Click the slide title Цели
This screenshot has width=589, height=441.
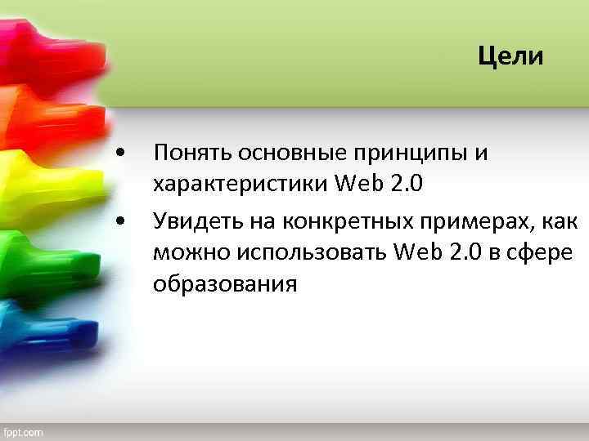[x=510, y=56]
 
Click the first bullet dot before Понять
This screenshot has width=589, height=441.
[x=121, y=153]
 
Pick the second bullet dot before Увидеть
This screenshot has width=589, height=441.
[x=121, y=220]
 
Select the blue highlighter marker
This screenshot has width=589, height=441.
[x=41, y=327]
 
